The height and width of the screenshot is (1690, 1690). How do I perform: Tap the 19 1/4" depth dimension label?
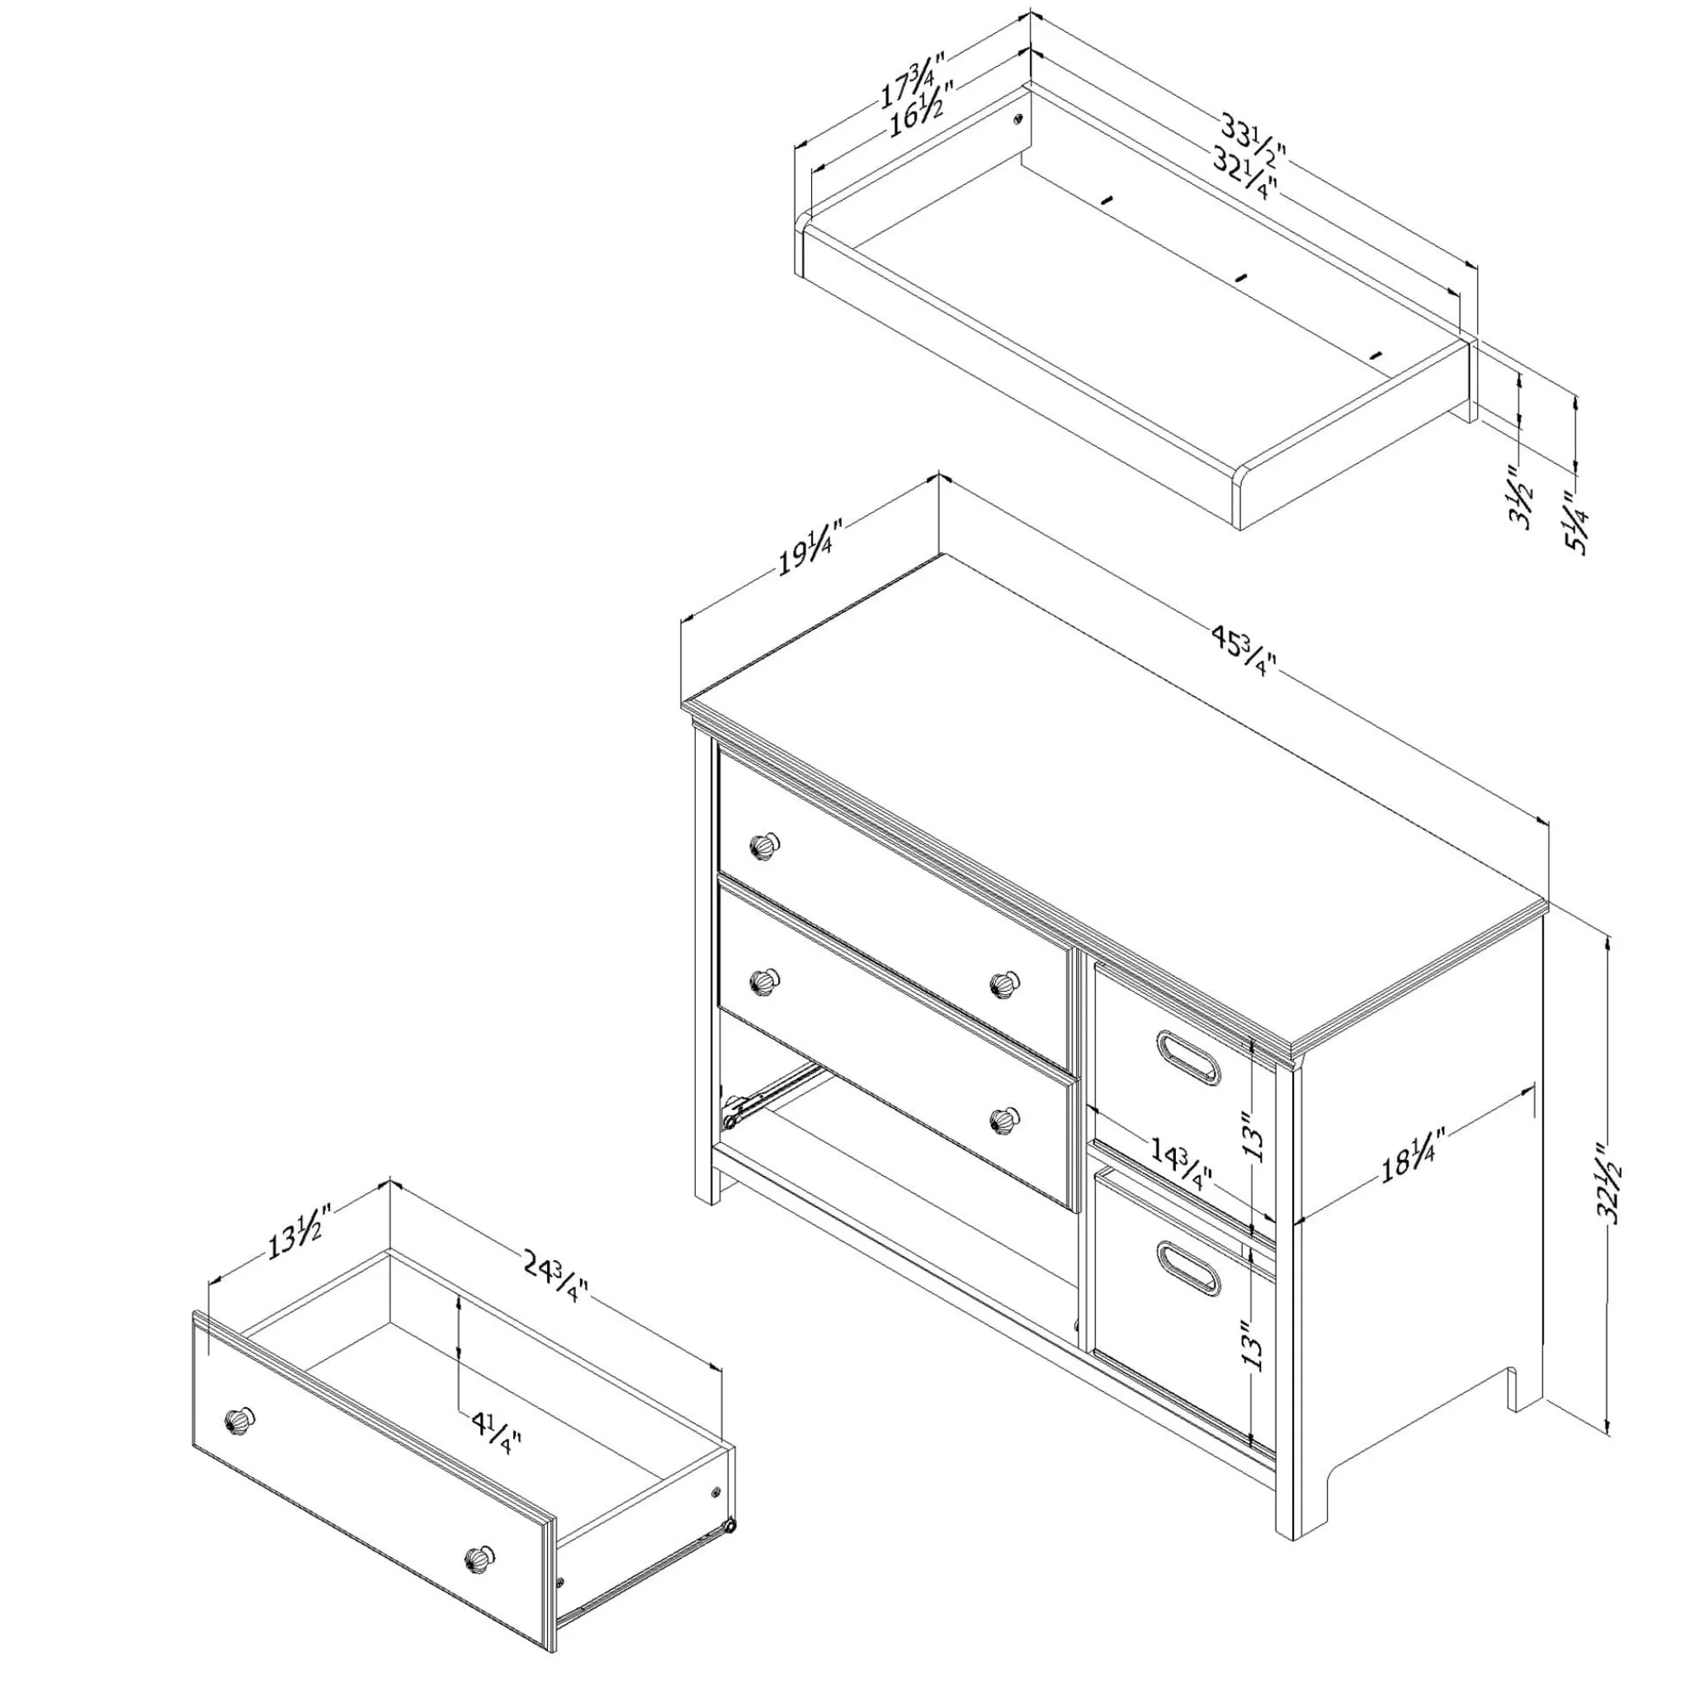tap(810, 549)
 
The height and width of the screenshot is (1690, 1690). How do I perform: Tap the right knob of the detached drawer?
tap(478, 1559)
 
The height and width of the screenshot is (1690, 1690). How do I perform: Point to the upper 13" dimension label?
tap(1254, 1136)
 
